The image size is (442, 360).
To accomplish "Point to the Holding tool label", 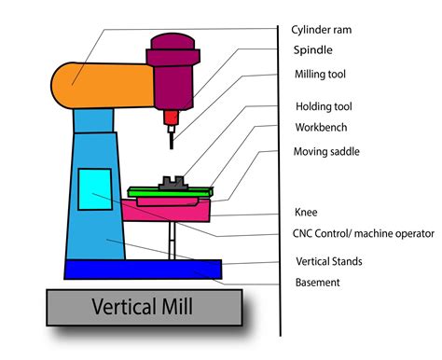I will tap(322, 106).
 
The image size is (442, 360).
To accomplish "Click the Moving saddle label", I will tap(326, 151).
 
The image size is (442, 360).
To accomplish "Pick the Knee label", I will tap(306, 212).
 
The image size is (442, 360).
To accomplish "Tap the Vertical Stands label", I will tap(328, 261).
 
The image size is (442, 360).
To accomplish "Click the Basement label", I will tap(317, 282).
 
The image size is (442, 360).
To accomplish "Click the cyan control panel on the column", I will tap(93, 189).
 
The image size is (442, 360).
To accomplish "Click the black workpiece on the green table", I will tap(172, 184).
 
